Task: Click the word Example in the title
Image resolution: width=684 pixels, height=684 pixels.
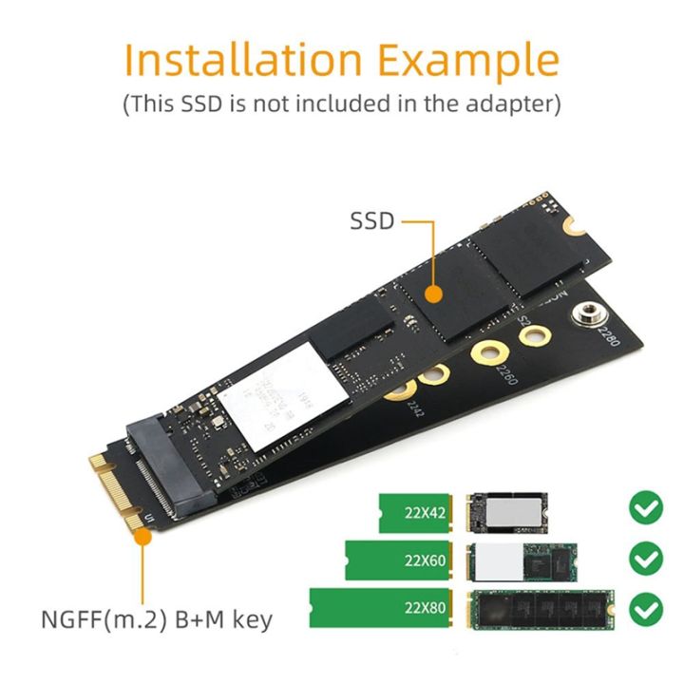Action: pyautogui.click(x=465, y=60)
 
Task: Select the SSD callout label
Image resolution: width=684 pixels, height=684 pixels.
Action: pyautogui.click(x=371, y=221)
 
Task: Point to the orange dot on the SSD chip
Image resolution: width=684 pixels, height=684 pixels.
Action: pyautogui.click(x=433, y=294)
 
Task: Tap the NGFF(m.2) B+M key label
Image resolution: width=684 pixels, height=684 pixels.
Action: pyautogui.click(x=157, y=620)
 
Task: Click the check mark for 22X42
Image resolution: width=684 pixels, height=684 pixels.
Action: pyautogui.click(x=646, y=510)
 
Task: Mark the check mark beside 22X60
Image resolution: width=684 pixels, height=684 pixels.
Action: pyautogui.click(x=646, y=559)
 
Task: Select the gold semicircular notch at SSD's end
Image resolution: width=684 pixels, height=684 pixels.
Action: pyautogui.click(x=572, y=226)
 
